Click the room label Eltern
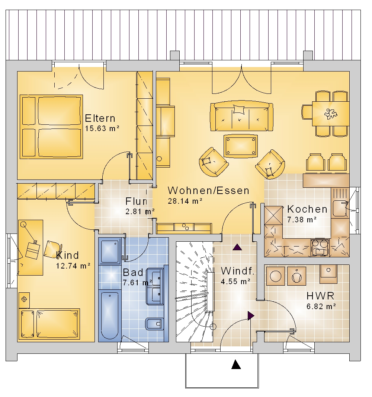(100, 118)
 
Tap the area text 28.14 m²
(185, 201)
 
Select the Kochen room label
(307, 209)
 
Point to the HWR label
(320, 296)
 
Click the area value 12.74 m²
(73, 266)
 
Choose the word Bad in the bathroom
(133, 273)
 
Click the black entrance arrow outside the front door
(236, 364)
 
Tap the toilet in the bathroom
(154, 324)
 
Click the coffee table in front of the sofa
(240, 146)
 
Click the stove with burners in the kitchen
(320, 247)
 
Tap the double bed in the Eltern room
(51, 127)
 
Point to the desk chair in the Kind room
(52, 249)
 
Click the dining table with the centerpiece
(331, 114)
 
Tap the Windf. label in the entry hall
(237, 271)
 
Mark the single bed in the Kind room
(49, 324)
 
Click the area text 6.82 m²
(321, 307)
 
